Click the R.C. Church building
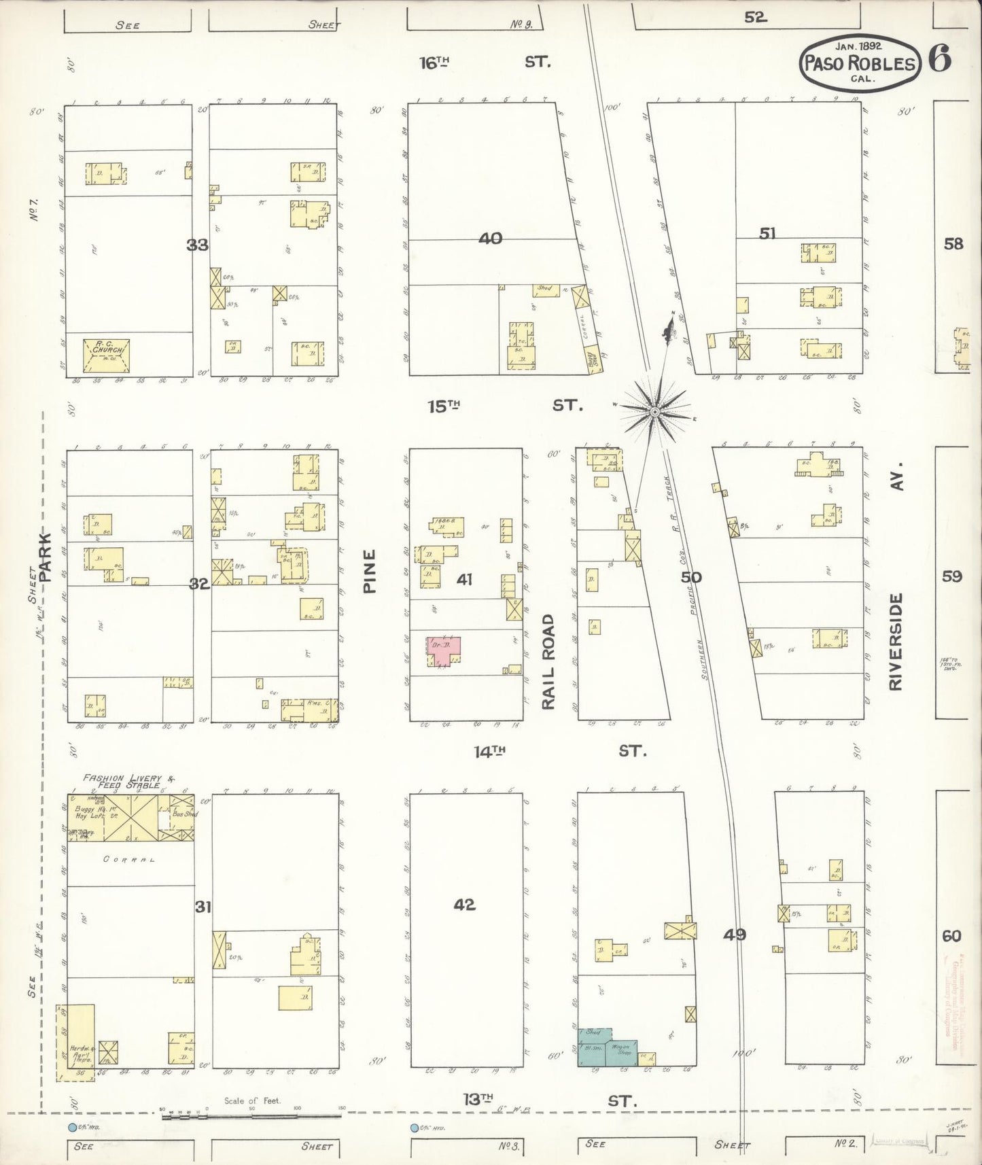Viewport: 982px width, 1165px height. (106, 354)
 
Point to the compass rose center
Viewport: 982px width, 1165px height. (654, 412)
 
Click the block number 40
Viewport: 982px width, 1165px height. (490, 238)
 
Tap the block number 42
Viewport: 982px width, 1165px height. (465, 905)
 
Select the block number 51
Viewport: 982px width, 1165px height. (767, 233)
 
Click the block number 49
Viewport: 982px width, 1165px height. (734, 935)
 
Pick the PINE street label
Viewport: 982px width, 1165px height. (370, 572)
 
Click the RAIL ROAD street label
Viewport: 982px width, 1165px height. (548, 661)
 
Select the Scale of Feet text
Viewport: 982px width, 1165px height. (251, 1100)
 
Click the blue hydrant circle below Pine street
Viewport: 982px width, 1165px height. (414, 1128)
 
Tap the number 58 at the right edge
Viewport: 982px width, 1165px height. (953, 243)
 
